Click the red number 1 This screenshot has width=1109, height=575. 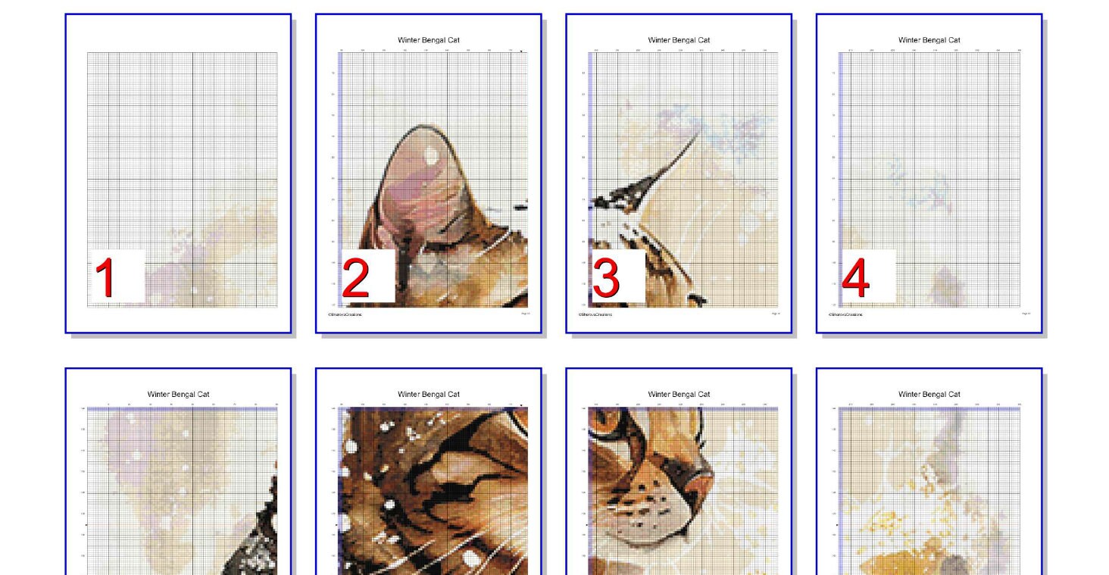[105, 277]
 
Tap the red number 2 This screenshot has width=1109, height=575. [355, 278]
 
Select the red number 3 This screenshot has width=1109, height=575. [606, 278]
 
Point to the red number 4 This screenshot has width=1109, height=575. [855, 278]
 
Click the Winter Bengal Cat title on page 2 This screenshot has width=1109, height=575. [429, 40]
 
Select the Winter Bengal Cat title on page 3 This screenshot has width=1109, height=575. [679, 40]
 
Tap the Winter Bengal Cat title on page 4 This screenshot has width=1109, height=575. [929, 40]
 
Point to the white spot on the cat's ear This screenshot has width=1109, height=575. [430, 155]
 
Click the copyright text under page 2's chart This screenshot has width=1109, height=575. [344, 314]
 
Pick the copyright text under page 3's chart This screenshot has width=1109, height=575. [595, 314]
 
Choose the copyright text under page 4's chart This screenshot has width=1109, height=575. [845, 314]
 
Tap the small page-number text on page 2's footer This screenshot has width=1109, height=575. [526, 313]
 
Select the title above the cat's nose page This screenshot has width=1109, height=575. [679, 394]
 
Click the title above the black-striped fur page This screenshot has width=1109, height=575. [429, 394]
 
